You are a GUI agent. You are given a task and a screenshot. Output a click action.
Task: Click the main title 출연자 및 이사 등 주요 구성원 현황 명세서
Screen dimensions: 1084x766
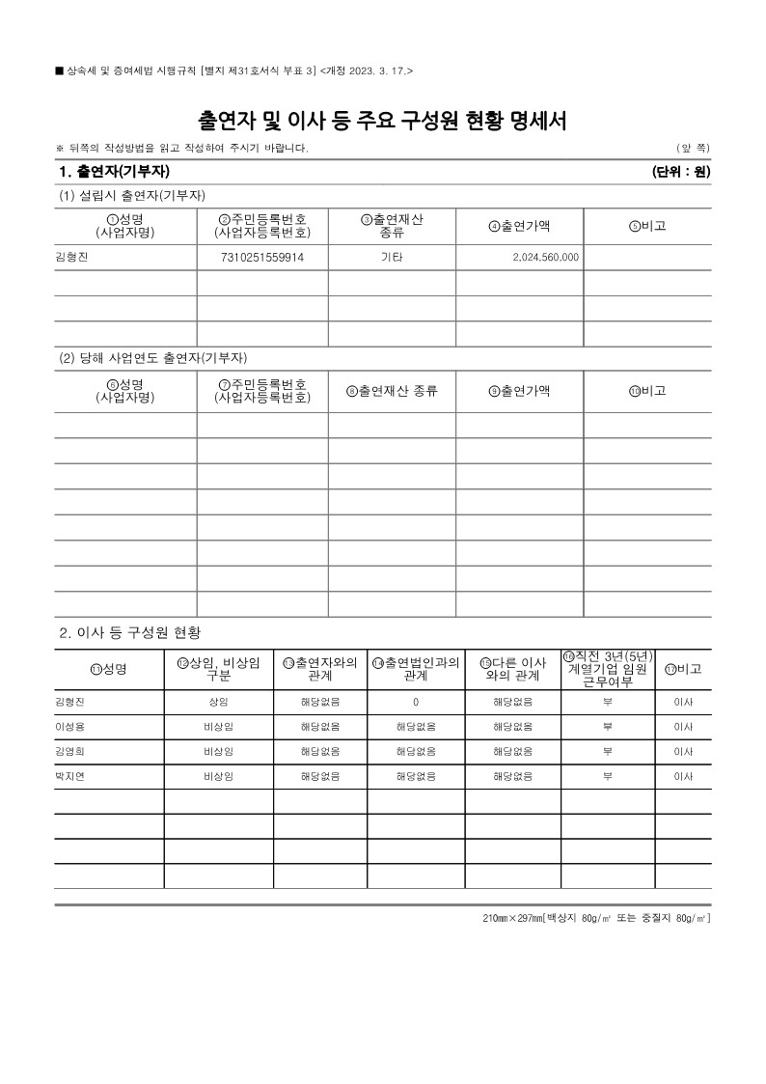click(382, 121)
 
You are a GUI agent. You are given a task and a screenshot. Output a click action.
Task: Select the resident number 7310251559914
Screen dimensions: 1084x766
click(262, 258)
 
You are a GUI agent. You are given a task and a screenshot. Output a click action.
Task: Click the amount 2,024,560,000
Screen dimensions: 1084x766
click(545, 258)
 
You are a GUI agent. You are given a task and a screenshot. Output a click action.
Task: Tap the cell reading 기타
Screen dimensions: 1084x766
click(392, 258)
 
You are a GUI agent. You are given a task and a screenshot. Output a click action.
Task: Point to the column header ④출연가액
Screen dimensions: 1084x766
click(520, 226)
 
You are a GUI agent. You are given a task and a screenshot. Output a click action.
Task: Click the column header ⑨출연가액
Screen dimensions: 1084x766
click(520, 391)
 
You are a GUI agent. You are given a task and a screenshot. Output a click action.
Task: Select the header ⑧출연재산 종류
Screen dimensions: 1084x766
click(392, 391)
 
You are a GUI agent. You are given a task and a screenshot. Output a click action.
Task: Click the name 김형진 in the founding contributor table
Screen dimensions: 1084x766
click(72, 258)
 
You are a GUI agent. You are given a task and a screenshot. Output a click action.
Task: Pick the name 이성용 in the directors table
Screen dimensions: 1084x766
click(70, 727)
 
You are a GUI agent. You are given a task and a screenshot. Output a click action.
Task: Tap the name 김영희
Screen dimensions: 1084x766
click(70, 751)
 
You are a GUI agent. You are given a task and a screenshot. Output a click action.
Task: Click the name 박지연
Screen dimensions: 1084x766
click(70, 776)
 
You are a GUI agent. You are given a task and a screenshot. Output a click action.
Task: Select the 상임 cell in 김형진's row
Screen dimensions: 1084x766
click(218, 702)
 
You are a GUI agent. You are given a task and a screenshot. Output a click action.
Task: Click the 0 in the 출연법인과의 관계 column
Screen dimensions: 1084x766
click(416, 702)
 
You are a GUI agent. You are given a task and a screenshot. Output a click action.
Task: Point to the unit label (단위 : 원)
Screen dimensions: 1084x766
click(681, 172)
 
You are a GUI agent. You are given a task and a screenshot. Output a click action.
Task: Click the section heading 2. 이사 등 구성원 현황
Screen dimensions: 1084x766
click(130, 632)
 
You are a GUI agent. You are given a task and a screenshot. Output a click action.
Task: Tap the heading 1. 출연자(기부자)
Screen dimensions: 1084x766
click(114, 172)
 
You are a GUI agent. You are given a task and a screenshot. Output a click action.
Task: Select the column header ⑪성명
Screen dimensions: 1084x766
click(108, 669)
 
